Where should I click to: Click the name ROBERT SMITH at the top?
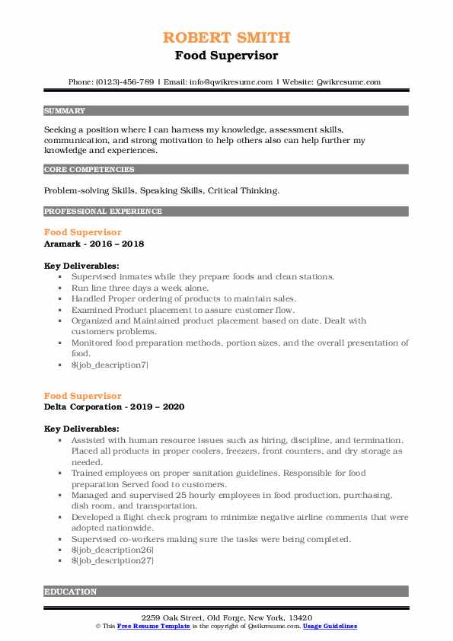pyautogui.click(x=226, y=37)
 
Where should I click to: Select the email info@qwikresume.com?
pyautogui.click(x=232, y=81)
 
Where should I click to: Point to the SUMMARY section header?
pyautogui.click(x=65, y=110)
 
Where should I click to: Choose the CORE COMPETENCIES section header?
pyautogui.click(x=89, y=170)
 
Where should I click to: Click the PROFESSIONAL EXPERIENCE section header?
pyautogui.click(x=103, y=211)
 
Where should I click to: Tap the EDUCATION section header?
pyautogui.click(x=71, y=592)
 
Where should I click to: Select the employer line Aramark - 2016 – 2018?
pyautogui.click(x=94, y=244)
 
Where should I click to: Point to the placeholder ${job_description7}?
pyautogui.click(x=110, y=365)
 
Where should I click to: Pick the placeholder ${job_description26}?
pyautogui.click(x=112, y=550)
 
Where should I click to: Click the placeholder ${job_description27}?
pyautogui.click(x=112, y=560)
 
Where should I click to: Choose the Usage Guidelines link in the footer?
pyautogui.click(x=330, y=626)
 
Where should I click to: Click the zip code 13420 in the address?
pyautogui.click(x=299, y=617)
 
